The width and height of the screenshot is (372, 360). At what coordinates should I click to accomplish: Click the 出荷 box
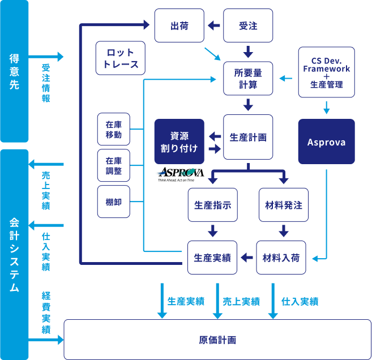[179, 26]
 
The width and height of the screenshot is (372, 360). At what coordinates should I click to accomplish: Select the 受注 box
[248, 26]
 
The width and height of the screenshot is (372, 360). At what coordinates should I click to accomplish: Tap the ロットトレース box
[121, 59]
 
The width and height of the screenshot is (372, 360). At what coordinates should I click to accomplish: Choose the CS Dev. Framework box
[326, 72]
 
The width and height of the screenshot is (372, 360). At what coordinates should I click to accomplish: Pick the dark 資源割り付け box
[179, 142]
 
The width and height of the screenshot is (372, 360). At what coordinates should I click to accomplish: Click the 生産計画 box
[248, 138]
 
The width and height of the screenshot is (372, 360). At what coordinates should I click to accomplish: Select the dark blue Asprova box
[326, 142]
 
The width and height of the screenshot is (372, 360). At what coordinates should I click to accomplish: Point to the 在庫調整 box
[114, 165]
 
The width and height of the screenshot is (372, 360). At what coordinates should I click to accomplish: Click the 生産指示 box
[213, 205]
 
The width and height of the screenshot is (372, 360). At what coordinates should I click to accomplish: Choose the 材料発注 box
[283, 205]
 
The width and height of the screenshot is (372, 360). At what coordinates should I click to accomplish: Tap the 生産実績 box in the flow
[212, 258]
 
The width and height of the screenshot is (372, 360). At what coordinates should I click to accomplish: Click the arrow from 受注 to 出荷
[214, 26]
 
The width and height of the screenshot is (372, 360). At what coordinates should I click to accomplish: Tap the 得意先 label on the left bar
[14, 71]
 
